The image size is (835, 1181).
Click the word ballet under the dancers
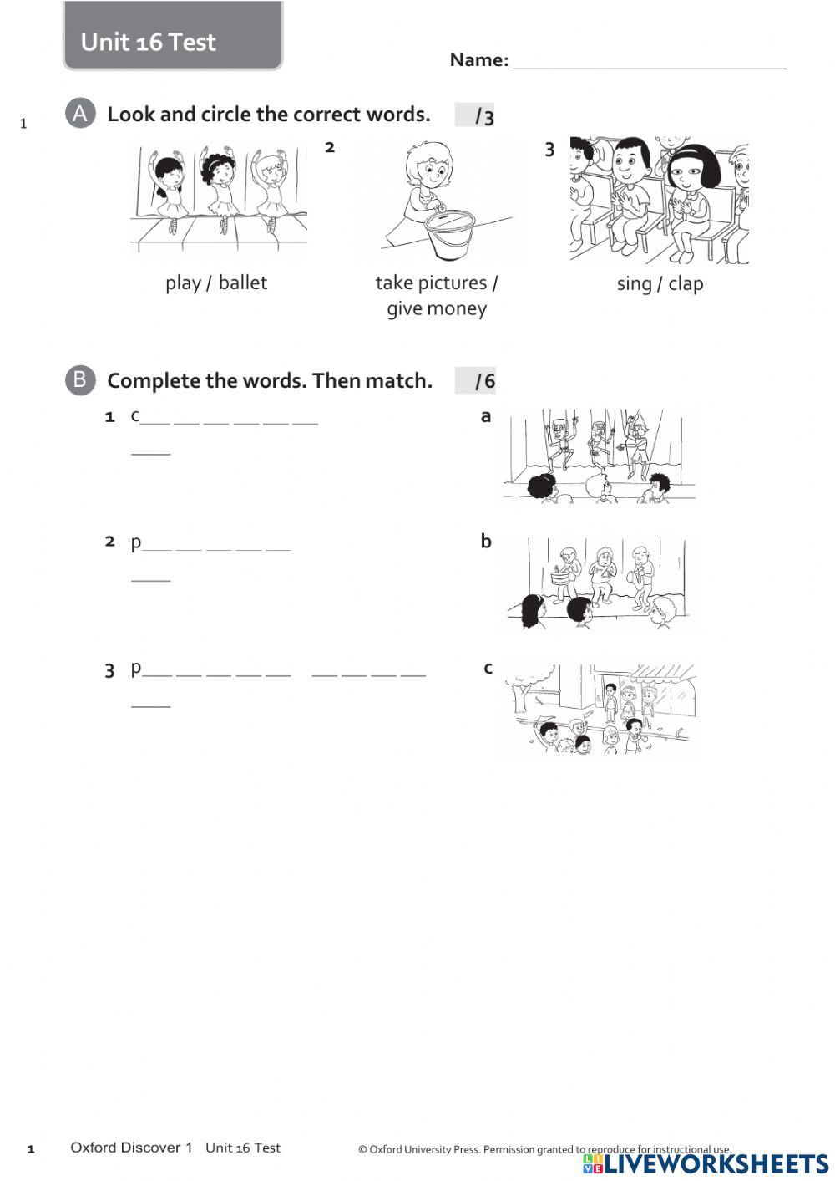tap(242, 283)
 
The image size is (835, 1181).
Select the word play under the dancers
tap(183, 283)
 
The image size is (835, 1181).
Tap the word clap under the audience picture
tap(686, 284)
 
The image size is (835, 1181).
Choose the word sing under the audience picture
tap(634, 284)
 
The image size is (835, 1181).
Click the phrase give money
tap(436, 308)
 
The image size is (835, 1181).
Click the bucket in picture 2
tap(449, 235)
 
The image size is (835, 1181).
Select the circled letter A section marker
tap(79, 114)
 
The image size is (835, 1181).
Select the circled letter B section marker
tap(79, 380)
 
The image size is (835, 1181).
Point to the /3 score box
tap(475, 116)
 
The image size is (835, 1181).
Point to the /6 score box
tap(475, 381)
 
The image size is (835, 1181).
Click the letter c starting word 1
tap(135, 415)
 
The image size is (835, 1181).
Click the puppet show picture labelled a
tap(600, 456)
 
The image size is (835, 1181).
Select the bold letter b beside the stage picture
tap(486, 542)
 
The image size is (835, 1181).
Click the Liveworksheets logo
tap(706, 1163)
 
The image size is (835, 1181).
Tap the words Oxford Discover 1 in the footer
tap(131, 1148)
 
